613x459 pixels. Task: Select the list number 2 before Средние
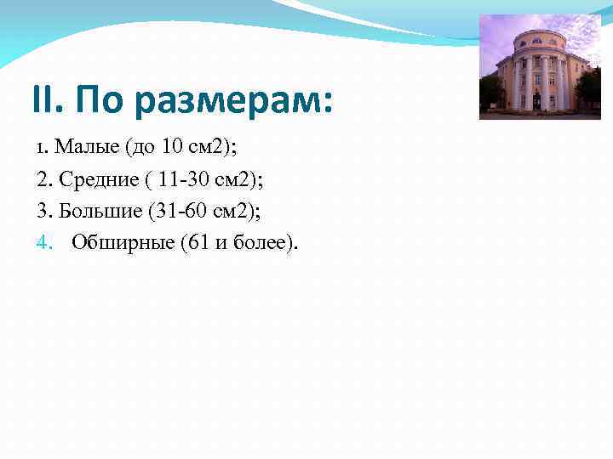(x=42, y=179)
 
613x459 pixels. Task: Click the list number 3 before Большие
(x=42, y=211)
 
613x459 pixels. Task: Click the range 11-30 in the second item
(x=184, y=179)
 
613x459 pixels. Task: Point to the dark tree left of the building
(x=491, y=93)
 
